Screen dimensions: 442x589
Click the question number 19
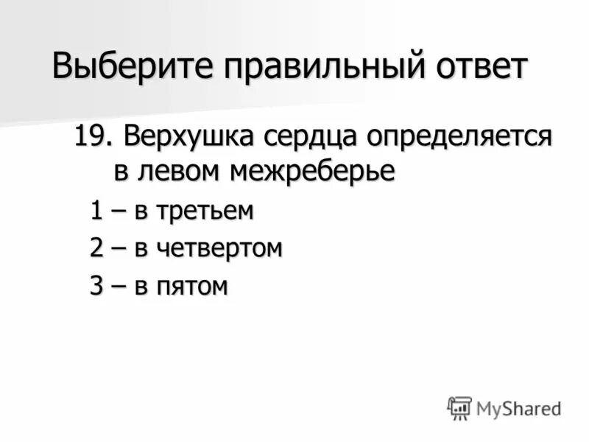point(94,137)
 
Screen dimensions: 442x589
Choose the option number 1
point(96,211)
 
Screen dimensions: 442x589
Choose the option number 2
point(96,248)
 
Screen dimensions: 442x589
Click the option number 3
point(96,286)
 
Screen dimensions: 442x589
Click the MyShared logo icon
point(459,407)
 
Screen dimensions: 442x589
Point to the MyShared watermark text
point(518,408)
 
